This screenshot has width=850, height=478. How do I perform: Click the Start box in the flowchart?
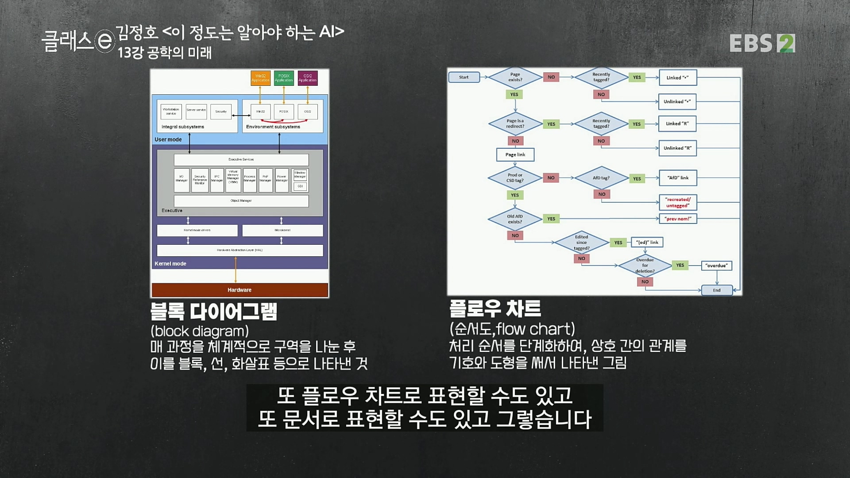click(x=464, y=77)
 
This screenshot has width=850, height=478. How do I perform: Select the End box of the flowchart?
click(x=717, y=290)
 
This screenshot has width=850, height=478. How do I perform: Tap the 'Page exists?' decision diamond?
click(x=515, y=77)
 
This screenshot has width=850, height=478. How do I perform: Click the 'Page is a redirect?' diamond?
click(x=515, y=123)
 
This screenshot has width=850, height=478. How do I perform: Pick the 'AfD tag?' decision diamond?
click(x=601, y=178)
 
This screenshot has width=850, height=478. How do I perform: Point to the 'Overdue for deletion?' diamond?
click(x=645, y=266)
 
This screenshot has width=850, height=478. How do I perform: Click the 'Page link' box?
click(x=515, y=154)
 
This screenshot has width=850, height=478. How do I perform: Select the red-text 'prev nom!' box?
click(x=678, y=219)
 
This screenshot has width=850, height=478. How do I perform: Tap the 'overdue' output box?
click(x=716, y=266)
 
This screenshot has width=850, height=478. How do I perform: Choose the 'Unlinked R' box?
click(x=677, y=148)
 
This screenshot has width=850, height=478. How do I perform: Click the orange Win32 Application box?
click(x=260, y=78)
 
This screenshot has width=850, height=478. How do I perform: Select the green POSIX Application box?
click(x=284, y=78)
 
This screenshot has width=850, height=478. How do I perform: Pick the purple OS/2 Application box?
click(x=308, y=78)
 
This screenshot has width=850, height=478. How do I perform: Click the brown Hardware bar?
click(x=240, y=290)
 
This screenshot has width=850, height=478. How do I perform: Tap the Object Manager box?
click(x=241, y=201)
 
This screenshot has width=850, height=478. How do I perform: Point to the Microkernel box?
click(x=282, y=230)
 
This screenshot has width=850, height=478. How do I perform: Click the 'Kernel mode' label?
click(x=170, y=264)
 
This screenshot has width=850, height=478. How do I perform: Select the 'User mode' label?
click(x=168, y=139)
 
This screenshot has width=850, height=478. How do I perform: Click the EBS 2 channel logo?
click(x=762, y=43)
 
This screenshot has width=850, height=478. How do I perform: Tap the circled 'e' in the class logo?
click(x=105, y=41)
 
